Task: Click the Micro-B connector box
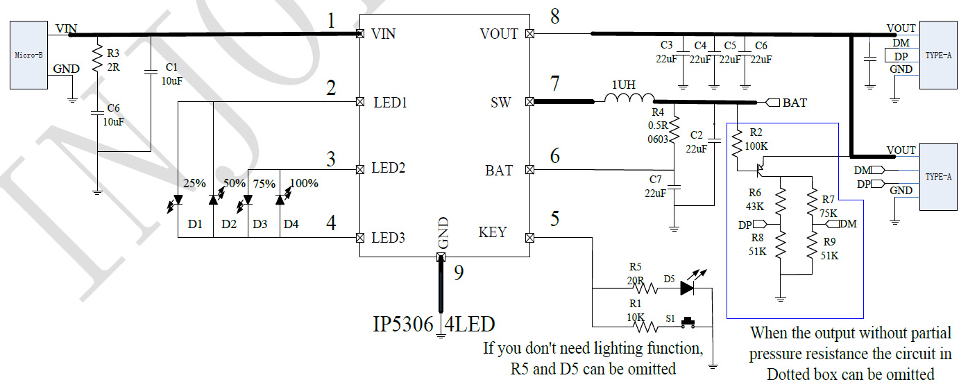28,54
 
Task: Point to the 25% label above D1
195,184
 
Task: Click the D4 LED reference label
291,224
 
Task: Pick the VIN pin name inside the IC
384,33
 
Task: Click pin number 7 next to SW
554,84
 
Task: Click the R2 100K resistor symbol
737,146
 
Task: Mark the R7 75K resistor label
827,206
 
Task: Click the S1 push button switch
689,322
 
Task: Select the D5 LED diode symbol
687,287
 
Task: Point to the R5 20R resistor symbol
648,287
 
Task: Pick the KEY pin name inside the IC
493,232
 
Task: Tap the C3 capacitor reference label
667,45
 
